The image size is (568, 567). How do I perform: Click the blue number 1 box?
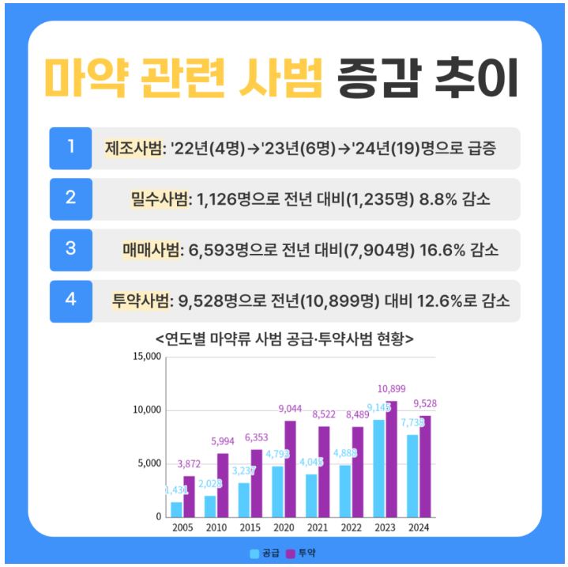pos(70,148)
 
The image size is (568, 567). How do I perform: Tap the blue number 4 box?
pos(70,301)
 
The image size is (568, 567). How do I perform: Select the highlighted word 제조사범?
pos(133,148)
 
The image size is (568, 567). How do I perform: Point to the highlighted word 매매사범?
pos(152,250)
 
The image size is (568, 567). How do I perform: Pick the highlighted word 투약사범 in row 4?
pos(141,301)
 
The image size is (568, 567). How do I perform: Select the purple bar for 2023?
pos(391,458)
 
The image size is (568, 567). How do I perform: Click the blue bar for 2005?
pos(176,508)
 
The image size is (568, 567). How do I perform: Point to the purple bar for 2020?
pos(291,468)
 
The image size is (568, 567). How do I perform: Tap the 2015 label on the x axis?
pos(249,526)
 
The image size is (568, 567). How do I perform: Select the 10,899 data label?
pos(392,388)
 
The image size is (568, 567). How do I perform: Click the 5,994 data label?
pos(221,441)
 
